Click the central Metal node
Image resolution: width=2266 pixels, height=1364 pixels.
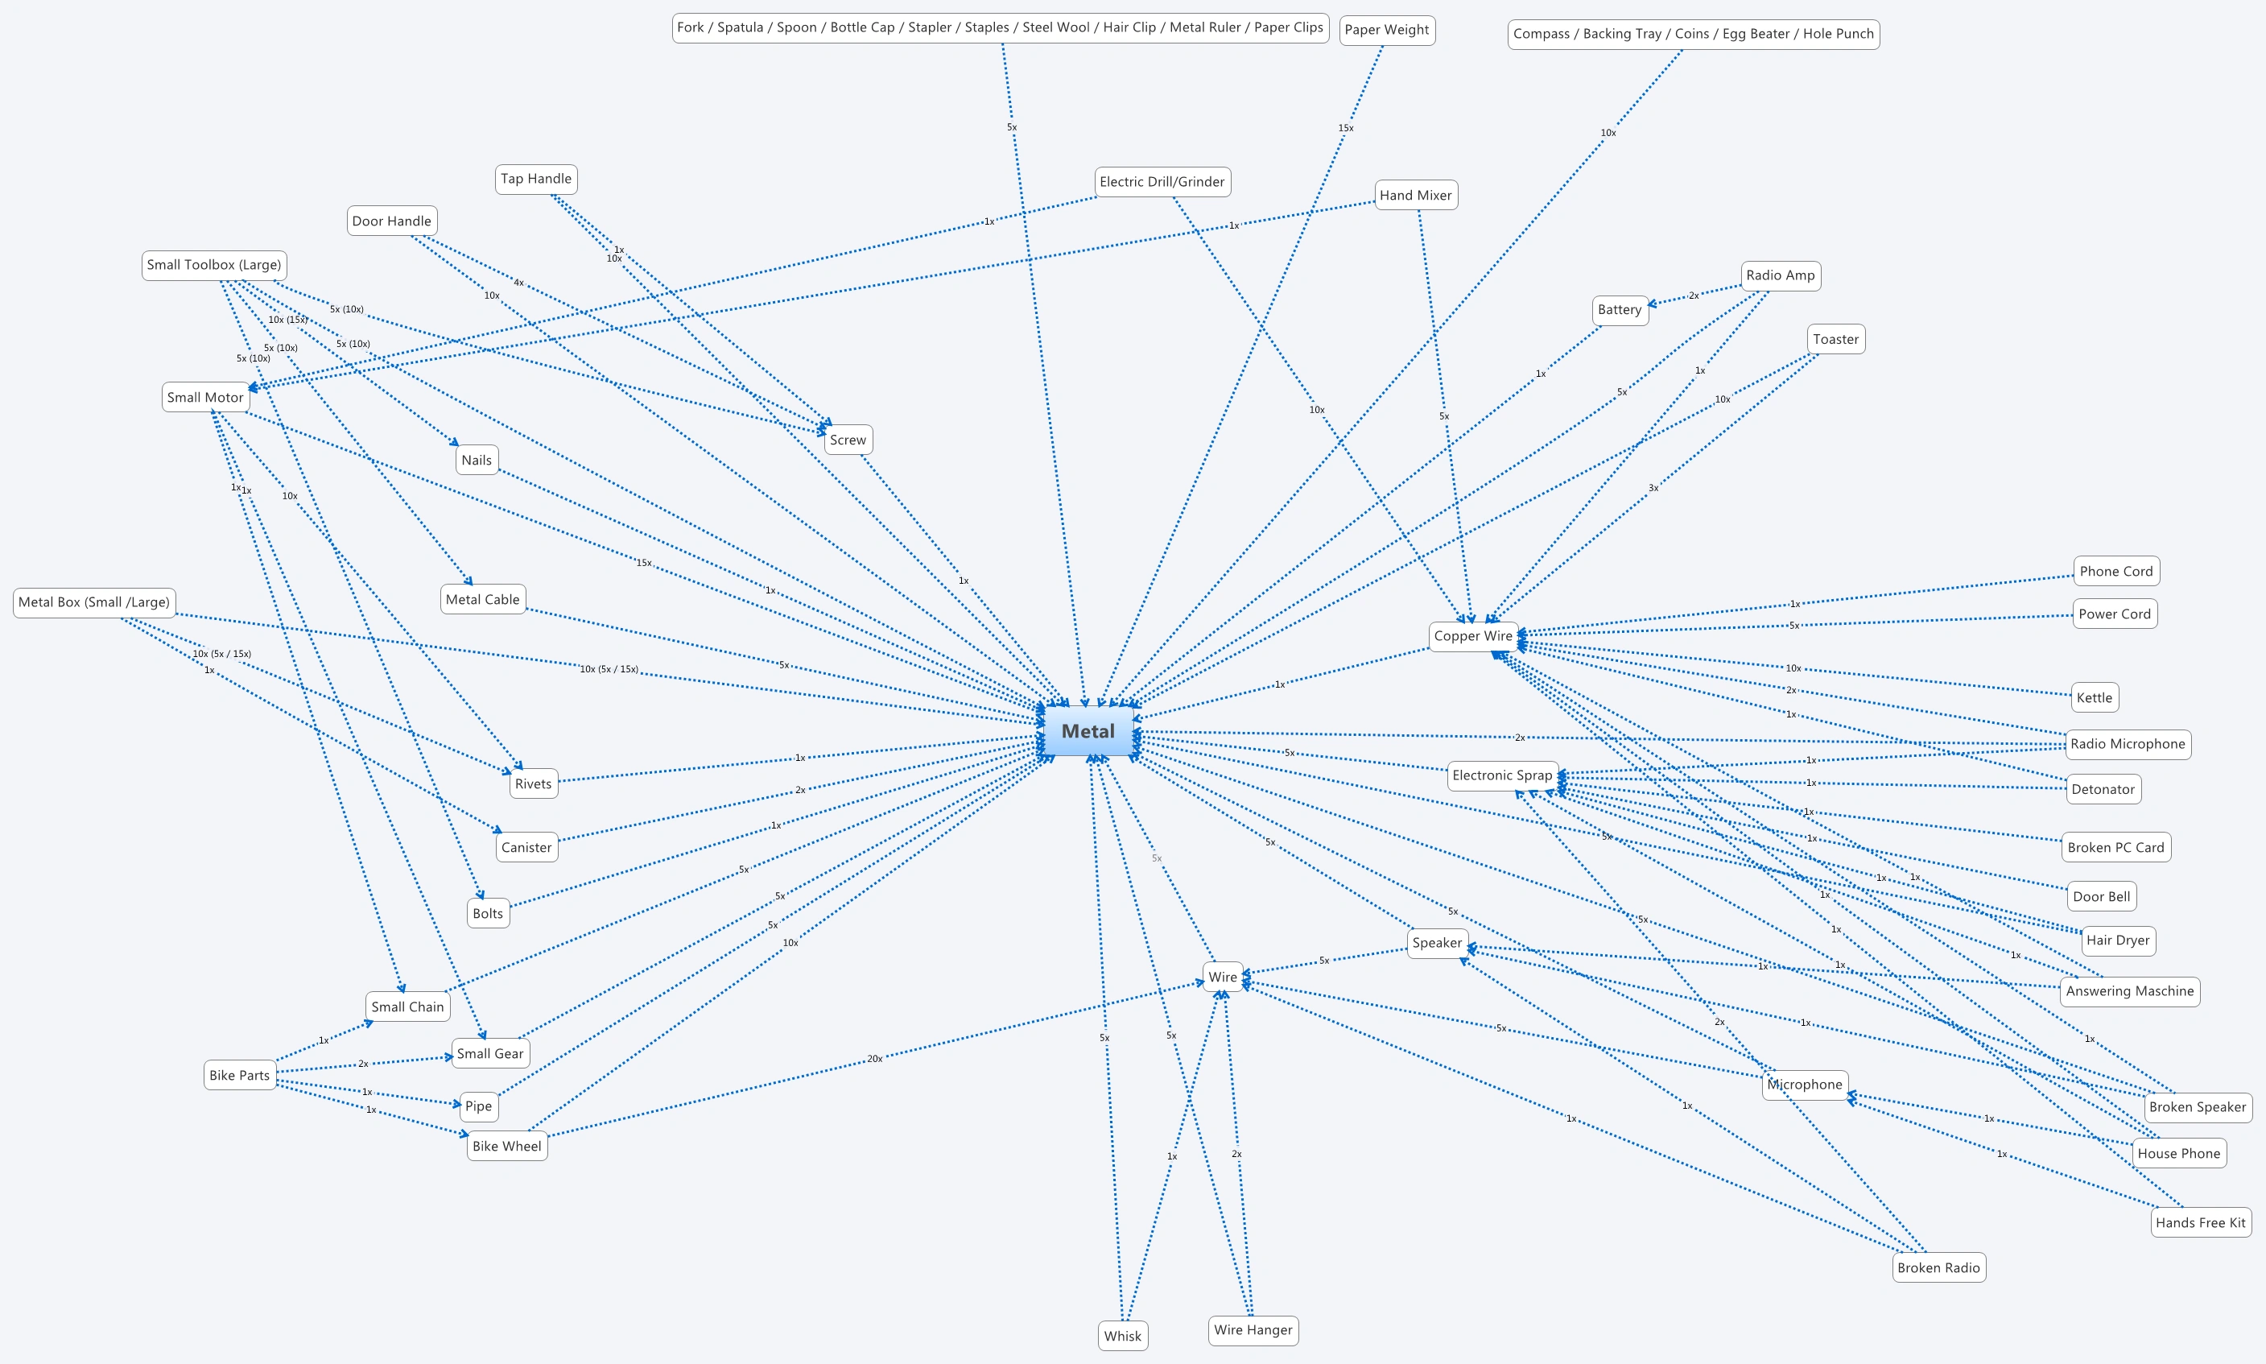1088,732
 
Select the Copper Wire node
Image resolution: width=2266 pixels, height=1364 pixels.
1473,636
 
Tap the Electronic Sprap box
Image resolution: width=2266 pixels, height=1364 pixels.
1502,775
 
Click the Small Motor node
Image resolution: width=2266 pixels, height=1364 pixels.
205,398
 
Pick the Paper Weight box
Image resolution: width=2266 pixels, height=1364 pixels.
1387,31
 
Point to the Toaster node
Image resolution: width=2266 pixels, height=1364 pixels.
1835,339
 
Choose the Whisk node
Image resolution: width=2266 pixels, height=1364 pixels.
1122,1337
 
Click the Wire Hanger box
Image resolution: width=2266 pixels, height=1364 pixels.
1253,1330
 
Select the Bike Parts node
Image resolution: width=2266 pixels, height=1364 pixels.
240,1076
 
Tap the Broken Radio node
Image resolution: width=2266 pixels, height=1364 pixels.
1938,1267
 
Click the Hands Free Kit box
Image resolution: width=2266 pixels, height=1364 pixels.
2200,1222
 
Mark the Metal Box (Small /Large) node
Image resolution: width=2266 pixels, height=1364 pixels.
93,602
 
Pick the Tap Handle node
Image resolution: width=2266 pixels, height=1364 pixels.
536,180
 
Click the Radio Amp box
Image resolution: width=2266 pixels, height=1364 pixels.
1780,275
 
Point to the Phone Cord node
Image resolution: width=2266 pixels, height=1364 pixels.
2115,572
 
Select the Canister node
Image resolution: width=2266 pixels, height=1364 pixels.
526,847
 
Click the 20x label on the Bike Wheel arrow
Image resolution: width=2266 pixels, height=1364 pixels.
874,1059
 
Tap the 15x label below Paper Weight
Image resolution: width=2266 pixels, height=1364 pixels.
1345,129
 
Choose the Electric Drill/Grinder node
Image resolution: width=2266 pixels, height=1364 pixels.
1162,182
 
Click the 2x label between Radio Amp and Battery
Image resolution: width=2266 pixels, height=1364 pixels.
1694,296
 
